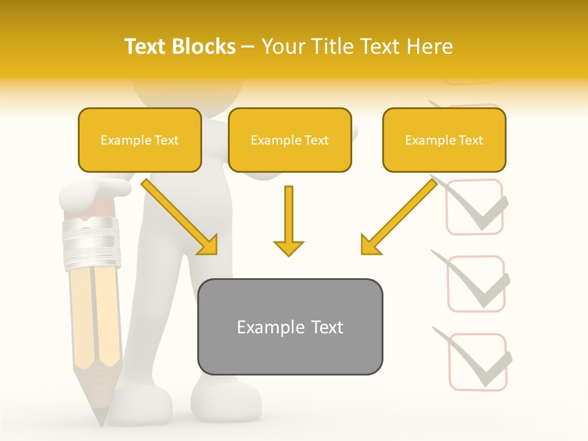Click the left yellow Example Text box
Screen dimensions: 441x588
pyautogui.click(x=140, y=140)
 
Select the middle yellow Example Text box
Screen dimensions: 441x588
pyautogui.click(x=290, y=140)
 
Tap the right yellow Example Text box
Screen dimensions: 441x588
pyautogui.click(x=444, y=140)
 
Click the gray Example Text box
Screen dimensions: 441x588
pyautogui.click(x=290, y=327)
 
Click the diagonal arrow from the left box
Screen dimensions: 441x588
pyautogui.click(x=179, y=217)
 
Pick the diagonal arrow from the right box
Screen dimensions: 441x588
pyautogui.click(x=399, y=217)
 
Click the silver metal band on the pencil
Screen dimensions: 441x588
pyautogui.click(x=91, y=242)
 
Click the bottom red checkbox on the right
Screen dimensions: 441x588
pyautogui.click(x=478, y=362)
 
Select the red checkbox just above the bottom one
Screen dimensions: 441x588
pyautogui.click(x=477, y=284)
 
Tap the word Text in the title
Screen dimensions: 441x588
pyautogui.click(x=146, y=47)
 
